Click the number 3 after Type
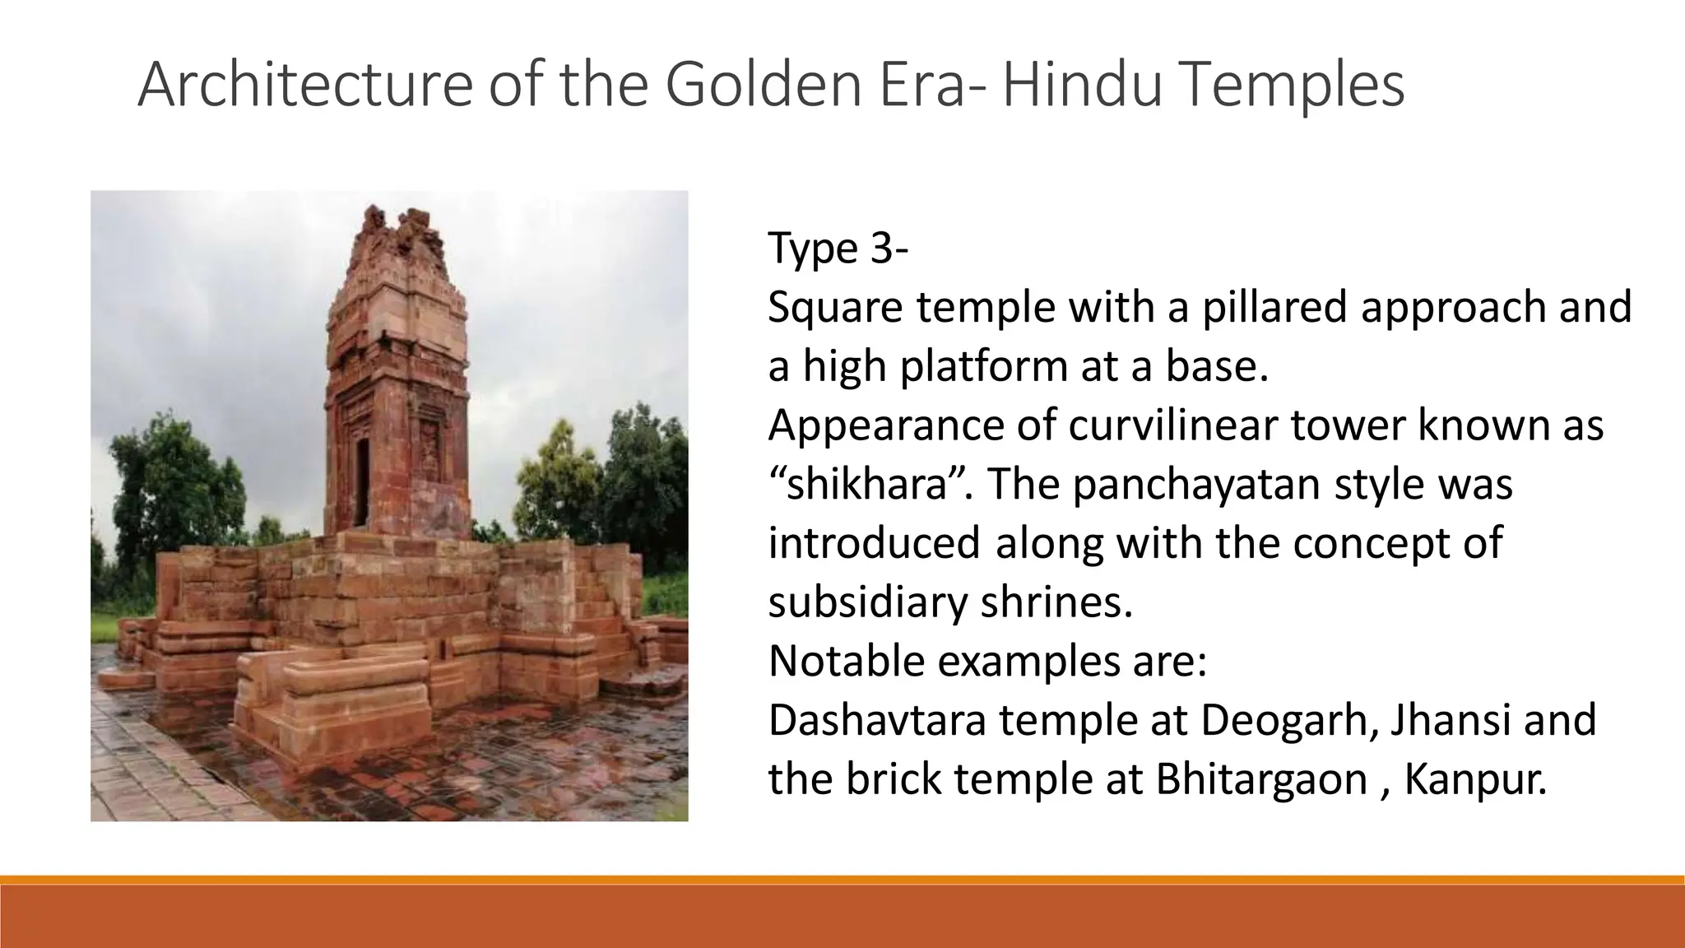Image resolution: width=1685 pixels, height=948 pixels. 878,248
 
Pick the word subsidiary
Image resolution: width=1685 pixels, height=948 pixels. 867,603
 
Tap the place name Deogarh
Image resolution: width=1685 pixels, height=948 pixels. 1288,720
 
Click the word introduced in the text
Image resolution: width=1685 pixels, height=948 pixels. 874,544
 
